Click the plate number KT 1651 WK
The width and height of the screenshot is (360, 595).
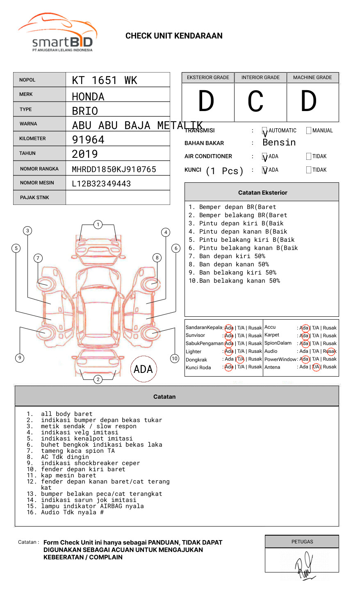point(105,80)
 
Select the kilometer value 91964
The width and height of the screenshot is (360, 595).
point(88,140)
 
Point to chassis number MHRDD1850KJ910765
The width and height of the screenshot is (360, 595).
point(114,169)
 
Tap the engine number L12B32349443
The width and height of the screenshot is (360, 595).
point(101,184)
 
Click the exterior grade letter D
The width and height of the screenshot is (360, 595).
point(206,102)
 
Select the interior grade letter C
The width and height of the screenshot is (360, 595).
point(255,102)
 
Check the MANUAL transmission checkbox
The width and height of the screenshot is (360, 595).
point(309,131)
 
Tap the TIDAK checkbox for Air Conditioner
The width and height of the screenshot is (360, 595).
point(309,157)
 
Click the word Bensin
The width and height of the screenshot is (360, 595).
point(279,143)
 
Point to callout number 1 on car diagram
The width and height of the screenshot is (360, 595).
point(98,225)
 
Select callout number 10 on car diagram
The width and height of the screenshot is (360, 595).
point(175,359)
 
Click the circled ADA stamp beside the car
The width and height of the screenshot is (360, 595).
point(143,369)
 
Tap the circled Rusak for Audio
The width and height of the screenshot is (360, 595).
point(330,351)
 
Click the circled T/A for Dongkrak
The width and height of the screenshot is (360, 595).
point(241,359)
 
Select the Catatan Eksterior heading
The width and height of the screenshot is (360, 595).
point(262,193)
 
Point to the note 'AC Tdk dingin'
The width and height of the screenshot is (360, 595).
point(65,457)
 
